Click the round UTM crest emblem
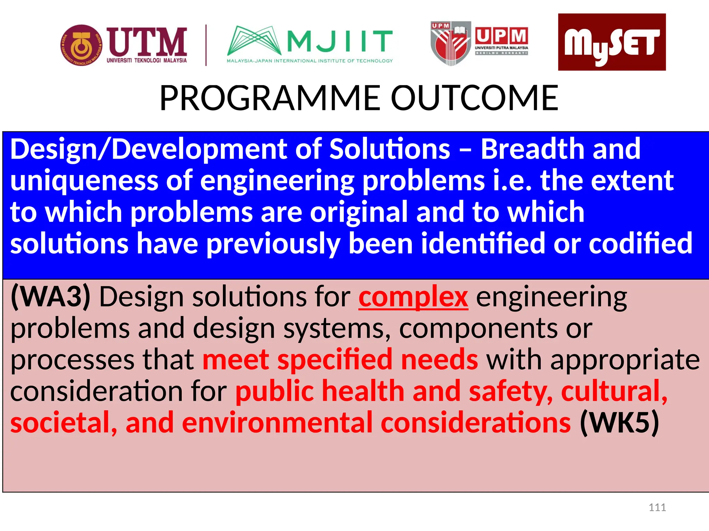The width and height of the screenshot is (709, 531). point(82,45)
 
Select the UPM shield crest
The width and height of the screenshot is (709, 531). point(450,44)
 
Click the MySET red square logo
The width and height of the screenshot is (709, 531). point(612,42)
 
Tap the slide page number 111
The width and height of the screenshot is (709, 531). point(657,507)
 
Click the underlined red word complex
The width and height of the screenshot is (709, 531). point(413,297)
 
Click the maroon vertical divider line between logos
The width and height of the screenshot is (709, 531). point(206,45)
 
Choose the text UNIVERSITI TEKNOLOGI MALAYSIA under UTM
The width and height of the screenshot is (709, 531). point(147,60)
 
